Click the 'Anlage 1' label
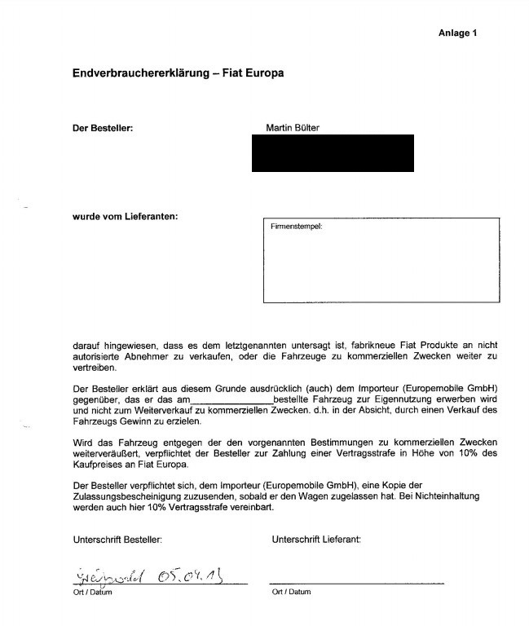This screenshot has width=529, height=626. [457, 33]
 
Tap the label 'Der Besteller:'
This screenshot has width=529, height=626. [103, 128]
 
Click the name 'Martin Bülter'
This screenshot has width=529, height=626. [293, 128]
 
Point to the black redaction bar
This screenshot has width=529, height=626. [333, 153]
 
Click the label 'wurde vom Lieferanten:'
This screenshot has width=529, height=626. [124, 216]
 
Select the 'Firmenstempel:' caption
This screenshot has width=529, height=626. [297, 227]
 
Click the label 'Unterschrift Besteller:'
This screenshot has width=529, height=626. [117, 539]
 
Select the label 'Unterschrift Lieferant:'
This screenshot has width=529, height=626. [316, 539]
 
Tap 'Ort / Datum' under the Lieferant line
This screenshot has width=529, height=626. [291, 592]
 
